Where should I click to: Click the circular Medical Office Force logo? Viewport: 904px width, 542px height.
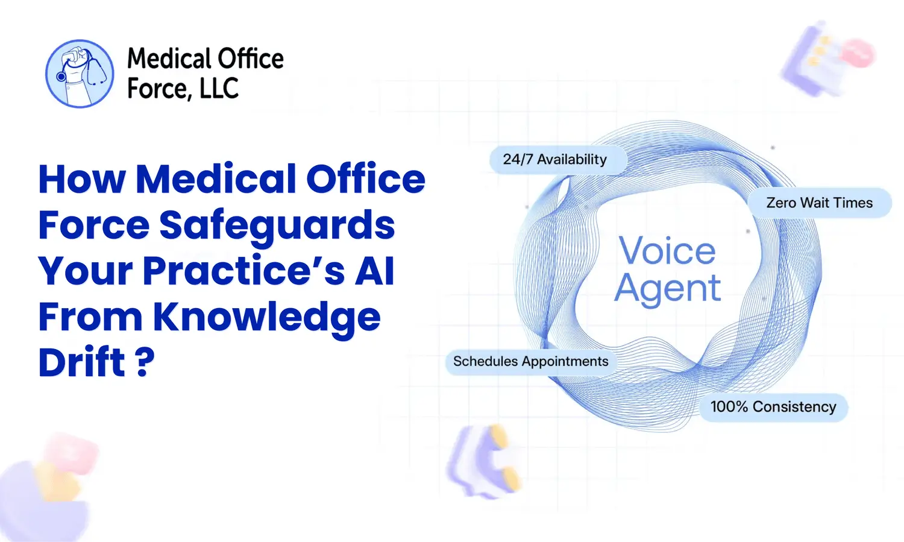point(80,74)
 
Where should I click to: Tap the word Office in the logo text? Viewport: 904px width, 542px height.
point(250,59)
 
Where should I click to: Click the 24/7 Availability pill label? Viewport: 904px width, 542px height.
point(555,160)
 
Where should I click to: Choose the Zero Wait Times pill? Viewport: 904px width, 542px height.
point(819,203)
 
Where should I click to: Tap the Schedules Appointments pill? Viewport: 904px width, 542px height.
point(530,362)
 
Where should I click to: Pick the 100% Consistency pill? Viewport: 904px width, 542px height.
point(773,407)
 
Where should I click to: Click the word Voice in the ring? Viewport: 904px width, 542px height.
point(667,250)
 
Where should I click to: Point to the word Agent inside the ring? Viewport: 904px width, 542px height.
point(667,289)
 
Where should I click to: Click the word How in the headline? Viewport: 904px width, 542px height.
point(82,179)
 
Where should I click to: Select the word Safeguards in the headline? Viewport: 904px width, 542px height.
point(277,225)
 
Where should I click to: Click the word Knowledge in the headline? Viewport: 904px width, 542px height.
point(266,317)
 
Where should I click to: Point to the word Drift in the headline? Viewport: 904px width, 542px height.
point(81,362)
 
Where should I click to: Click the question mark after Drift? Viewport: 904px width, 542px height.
point(145,362)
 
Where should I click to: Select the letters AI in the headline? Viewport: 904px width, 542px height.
point(374,271)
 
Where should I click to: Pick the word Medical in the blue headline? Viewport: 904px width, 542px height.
point(216,179)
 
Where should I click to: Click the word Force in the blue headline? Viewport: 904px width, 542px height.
point(93,225)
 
